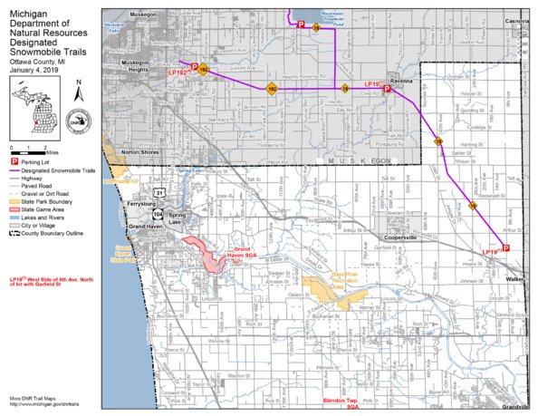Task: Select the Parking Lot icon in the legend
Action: pyautogui.click(x=13, y=160)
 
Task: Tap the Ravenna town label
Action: pyautogui.click(x=400, y=79)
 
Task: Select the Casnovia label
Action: pyautogui.click(x=516, y=20)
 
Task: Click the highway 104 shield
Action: pyautogui.click(x=157, y=215)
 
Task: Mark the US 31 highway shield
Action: pyautogui.click(x=159, y=193)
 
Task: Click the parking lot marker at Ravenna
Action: pyautogui.click(x=387, y=89)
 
